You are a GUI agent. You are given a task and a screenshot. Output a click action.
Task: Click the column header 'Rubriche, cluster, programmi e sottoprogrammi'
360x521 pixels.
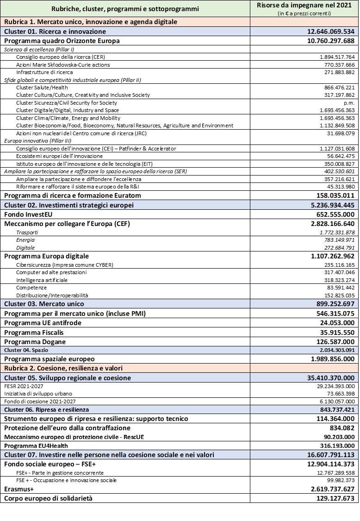[125, 9]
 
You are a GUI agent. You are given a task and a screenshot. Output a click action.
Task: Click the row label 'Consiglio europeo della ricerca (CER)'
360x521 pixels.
[61, 57]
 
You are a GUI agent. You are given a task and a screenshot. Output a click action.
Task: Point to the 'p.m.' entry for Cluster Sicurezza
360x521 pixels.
[349, 103]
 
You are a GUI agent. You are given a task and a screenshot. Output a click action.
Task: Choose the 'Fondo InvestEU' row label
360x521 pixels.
[29, 214]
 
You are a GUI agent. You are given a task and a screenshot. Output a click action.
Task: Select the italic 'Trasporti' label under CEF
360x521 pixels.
[27, 232]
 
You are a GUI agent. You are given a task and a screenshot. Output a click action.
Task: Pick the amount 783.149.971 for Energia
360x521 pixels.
[337, 240]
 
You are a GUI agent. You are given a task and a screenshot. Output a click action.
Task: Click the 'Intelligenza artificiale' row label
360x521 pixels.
[42, 280]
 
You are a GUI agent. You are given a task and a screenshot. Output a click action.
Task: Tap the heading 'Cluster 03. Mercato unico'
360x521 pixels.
[44, 304]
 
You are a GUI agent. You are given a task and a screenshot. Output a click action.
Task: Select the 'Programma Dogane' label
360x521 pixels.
[35, 342]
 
